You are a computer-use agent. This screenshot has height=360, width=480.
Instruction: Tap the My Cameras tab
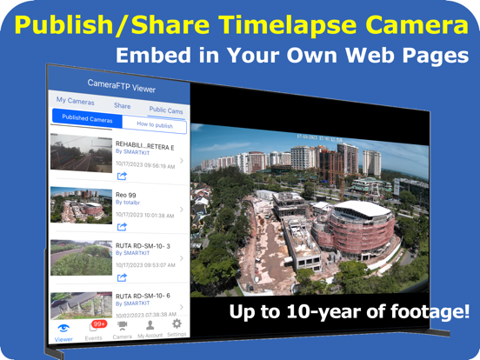tap(75, 102)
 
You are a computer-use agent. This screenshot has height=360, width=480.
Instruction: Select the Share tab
tap(122, 105)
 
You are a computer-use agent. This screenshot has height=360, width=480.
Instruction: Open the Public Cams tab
tap(165, 110)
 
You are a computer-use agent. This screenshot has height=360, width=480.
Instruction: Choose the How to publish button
tap(155, 125)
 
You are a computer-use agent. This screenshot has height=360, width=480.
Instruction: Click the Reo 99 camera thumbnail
tap(81, 206)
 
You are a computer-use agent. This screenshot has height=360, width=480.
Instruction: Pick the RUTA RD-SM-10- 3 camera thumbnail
tap(81, 259)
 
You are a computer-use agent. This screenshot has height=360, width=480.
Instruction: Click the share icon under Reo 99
tap(122, 227)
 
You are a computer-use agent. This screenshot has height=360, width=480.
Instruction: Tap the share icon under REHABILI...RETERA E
tap(122, 176)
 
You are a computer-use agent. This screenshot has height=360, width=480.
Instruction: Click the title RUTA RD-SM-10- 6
tap(143, 297)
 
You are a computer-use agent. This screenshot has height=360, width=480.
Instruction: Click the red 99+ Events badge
tap(98, 323)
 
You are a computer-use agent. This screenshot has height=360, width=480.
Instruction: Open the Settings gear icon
tap(177, 323)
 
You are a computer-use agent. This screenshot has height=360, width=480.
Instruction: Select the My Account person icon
tap(150, 324)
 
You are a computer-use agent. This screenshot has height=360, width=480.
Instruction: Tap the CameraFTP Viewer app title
tap(122, 85)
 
